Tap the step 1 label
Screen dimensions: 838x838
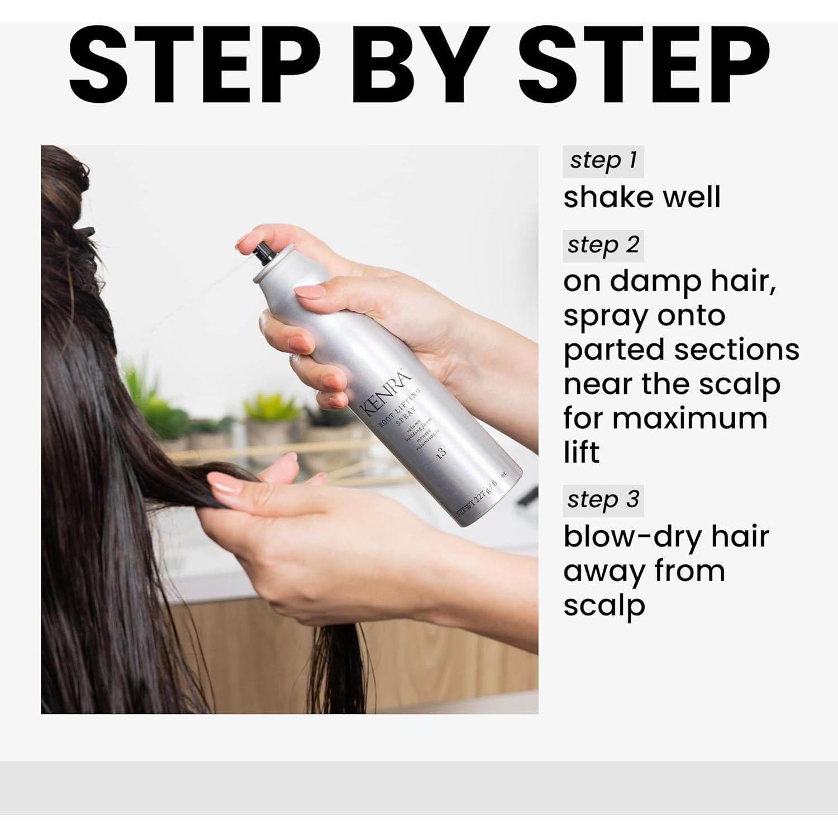pos(603,161)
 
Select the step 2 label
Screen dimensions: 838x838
pos(603,245)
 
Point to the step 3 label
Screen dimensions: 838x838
pos(603,500)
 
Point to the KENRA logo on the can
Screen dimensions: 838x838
pos(386,394)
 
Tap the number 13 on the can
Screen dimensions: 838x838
pos(442,452)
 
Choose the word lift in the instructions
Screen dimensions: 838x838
pos(581,453)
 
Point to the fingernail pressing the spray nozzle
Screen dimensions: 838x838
pos(246,241)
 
